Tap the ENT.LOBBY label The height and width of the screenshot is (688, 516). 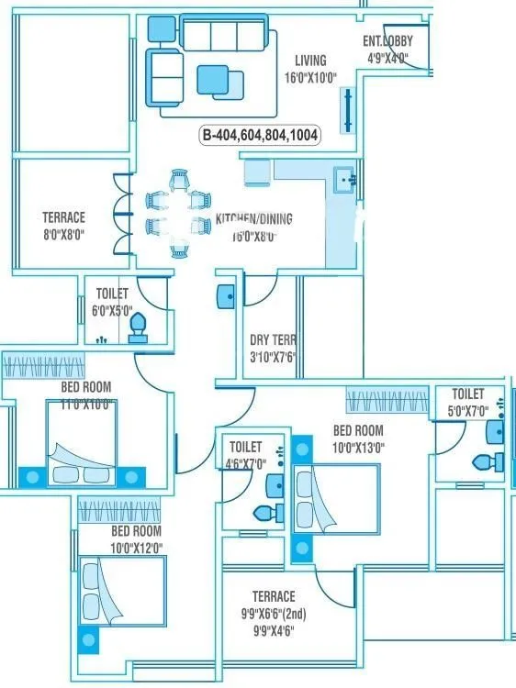pyautogui.click(x=387, y=41)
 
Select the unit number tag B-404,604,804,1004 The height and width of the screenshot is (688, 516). pyautogui.click(x=261, y=135)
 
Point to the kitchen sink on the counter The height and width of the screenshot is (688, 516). pyautogui.click(x=345, y=178)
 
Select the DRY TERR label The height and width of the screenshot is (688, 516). pyautogui.click(x=273, y=339)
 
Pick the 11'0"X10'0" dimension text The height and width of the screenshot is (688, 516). pyautogui.click(x=85, y=405)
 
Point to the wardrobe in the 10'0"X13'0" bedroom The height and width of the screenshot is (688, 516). pyautogui.click(x=387, y=401)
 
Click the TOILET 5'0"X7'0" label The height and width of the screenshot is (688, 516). pyautogui.click(x=467, y=394)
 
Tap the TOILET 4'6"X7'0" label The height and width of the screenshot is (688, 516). pyautogui.click(x=245, y=448)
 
